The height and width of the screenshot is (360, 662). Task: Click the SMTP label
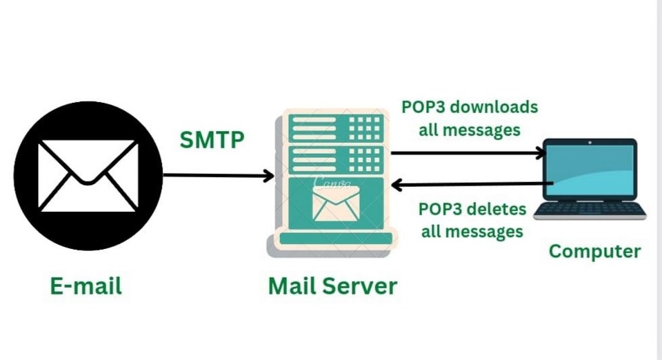212,140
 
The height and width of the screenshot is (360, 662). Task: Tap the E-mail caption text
86,286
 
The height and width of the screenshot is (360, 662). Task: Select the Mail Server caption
332,286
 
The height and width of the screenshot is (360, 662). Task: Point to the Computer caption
594,251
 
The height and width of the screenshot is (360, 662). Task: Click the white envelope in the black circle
88,175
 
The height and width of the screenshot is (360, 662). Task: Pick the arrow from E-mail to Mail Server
218,176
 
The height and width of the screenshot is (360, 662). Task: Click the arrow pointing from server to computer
468,153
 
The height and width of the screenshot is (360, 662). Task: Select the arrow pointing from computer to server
473,184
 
